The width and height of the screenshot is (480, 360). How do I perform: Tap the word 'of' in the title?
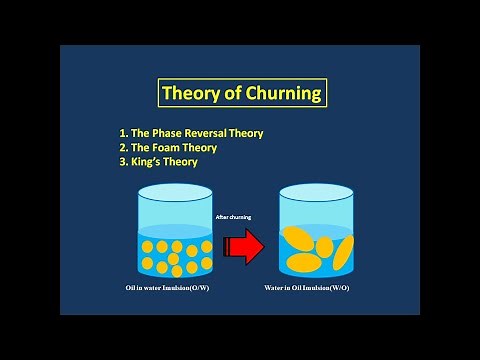pos(234,95)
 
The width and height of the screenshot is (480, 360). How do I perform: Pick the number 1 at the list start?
pos(122,132)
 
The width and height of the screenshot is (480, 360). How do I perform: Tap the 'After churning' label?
pos(234,214)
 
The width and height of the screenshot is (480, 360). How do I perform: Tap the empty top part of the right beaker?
pos(315,206)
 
